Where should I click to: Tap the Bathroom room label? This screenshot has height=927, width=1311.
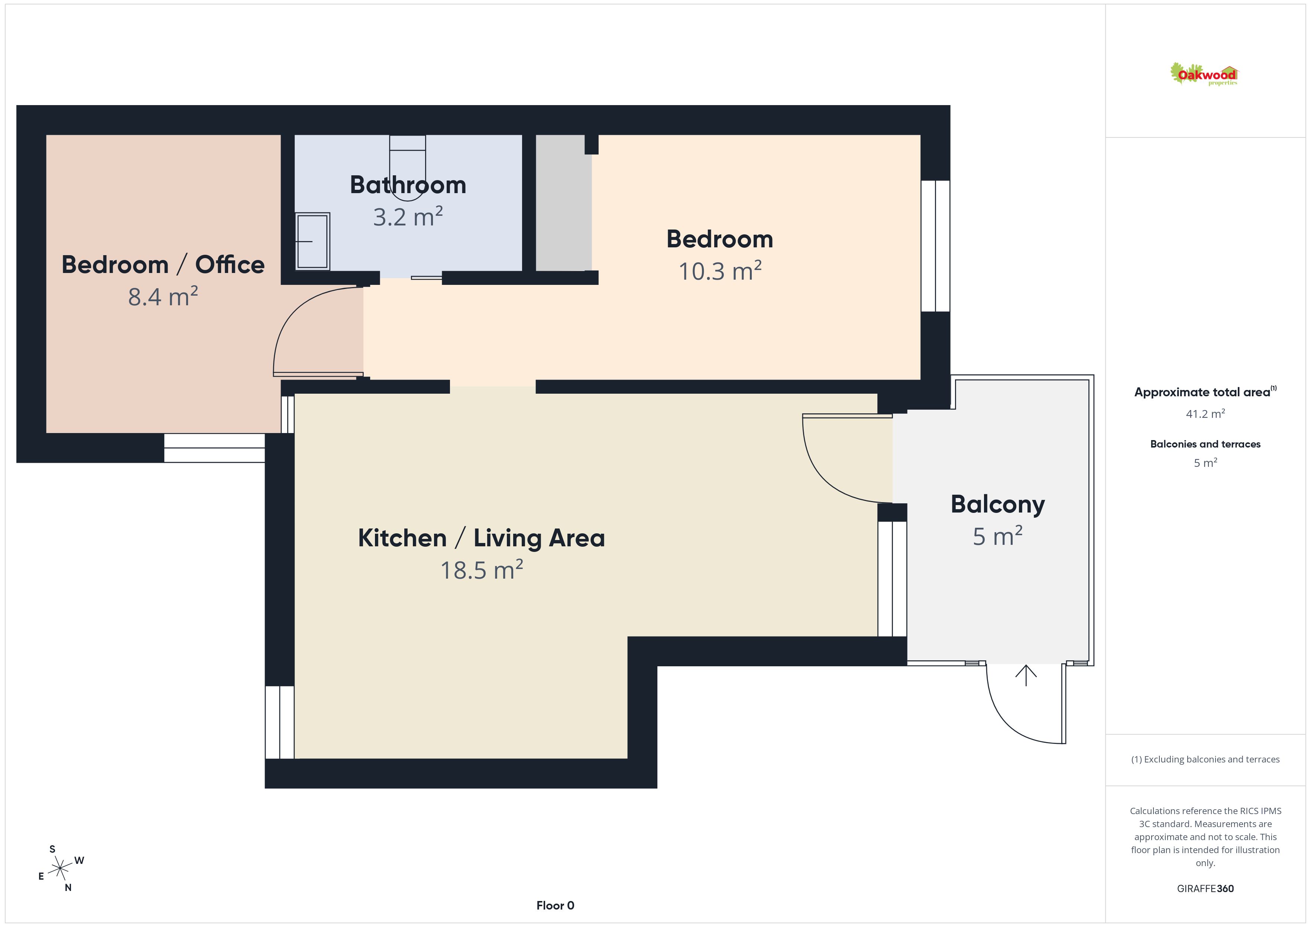click(408, 185)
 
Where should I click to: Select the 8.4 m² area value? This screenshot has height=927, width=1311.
click(163, 296)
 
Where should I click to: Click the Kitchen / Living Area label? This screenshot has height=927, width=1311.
click(481, 538)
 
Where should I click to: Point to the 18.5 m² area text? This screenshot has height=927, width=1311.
click(481, 570)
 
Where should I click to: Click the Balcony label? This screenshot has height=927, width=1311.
click(997, 505)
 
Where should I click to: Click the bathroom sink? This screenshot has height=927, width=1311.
click(313, 241)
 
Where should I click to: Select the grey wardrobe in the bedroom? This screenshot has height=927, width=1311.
click(564, 203)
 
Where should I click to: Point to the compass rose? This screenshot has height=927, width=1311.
click(60, 869)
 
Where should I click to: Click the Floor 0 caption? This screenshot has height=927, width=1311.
click(555, 905)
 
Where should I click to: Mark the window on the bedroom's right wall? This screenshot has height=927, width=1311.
click(935, 246)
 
